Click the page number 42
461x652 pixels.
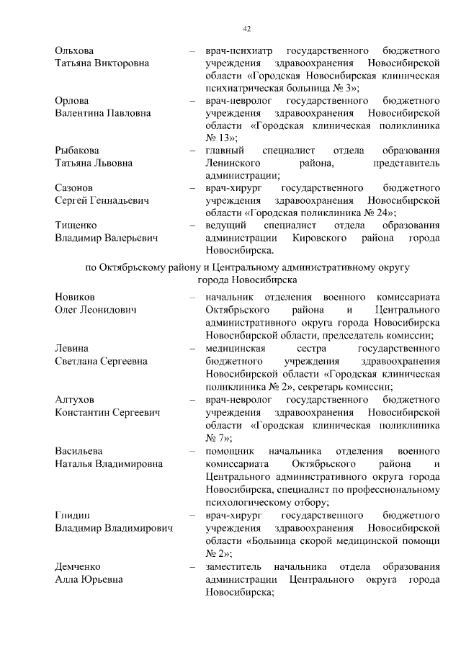(246, 28)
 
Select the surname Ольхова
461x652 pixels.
(74, 51)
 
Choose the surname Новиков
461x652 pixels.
(75, 296)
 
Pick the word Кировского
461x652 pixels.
(324, 238)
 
